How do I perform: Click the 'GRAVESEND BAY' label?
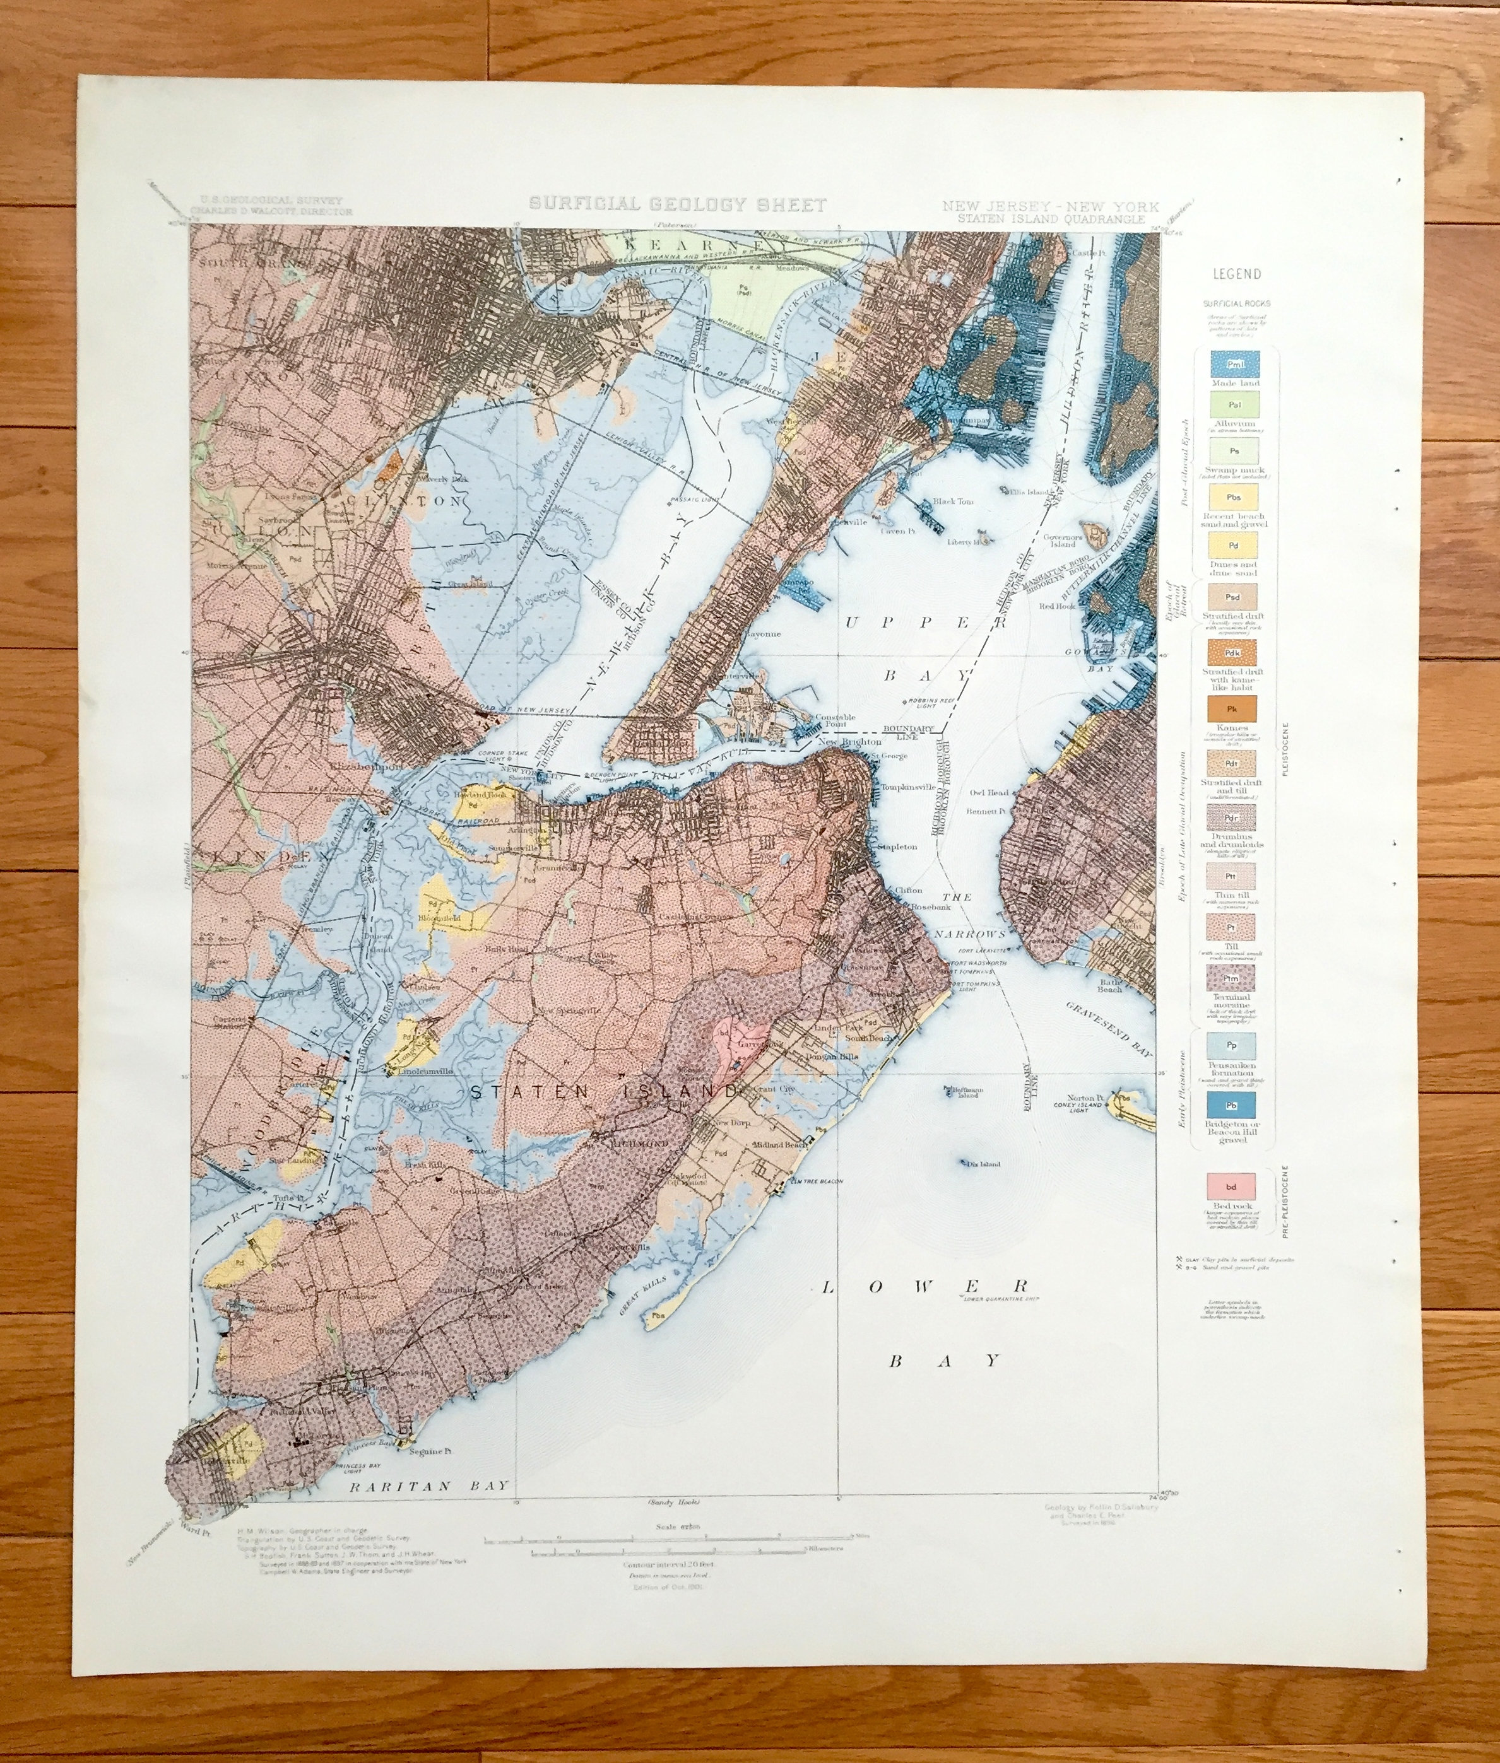point(1113,1029)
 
